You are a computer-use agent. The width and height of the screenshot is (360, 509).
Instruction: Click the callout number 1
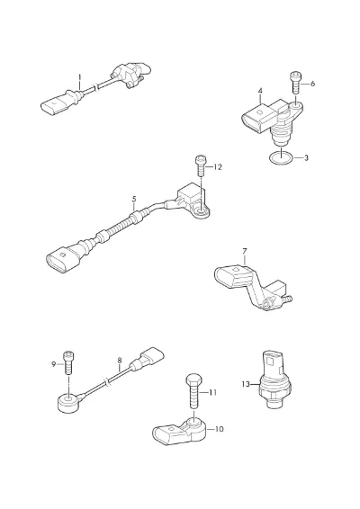79,78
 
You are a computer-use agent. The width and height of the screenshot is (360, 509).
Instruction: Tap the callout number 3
306,157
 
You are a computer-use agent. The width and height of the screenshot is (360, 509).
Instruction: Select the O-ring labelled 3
281,157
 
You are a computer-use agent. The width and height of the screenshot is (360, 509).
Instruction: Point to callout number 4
260,91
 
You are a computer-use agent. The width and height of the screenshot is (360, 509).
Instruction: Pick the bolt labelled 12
201,165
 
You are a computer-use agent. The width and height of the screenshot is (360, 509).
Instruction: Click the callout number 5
134,199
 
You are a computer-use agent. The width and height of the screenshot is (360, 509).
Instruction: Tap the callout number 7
245,251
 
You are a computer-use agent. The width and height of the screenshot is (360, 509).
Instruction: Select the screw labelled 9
68,362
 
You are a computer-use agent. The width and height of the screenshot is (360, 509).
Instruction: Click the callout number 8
120,360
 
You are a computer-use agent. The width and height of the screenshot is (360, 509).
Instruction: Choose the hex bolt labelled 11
193,391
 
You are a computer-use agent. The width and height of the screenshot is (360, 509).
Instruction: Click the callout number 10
220,429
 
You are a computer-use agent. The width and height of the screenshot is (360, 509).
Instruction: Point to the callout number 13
246,384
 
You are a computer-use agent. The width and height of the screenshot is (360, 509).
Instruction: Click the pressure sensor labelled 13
275,380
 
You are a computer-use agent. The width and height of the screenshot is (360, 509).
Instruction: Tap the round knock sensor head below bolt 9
68,403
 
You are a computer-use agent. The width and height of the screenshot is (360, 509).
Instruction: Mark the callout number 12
218,167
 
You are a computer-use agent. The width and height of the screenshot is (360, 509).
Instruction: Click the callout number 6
312,84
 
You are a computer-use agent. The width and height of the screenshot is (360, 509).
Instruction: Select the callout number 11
212,393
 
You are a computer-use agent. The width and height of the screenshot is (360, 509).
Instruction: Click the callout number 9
54,364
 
